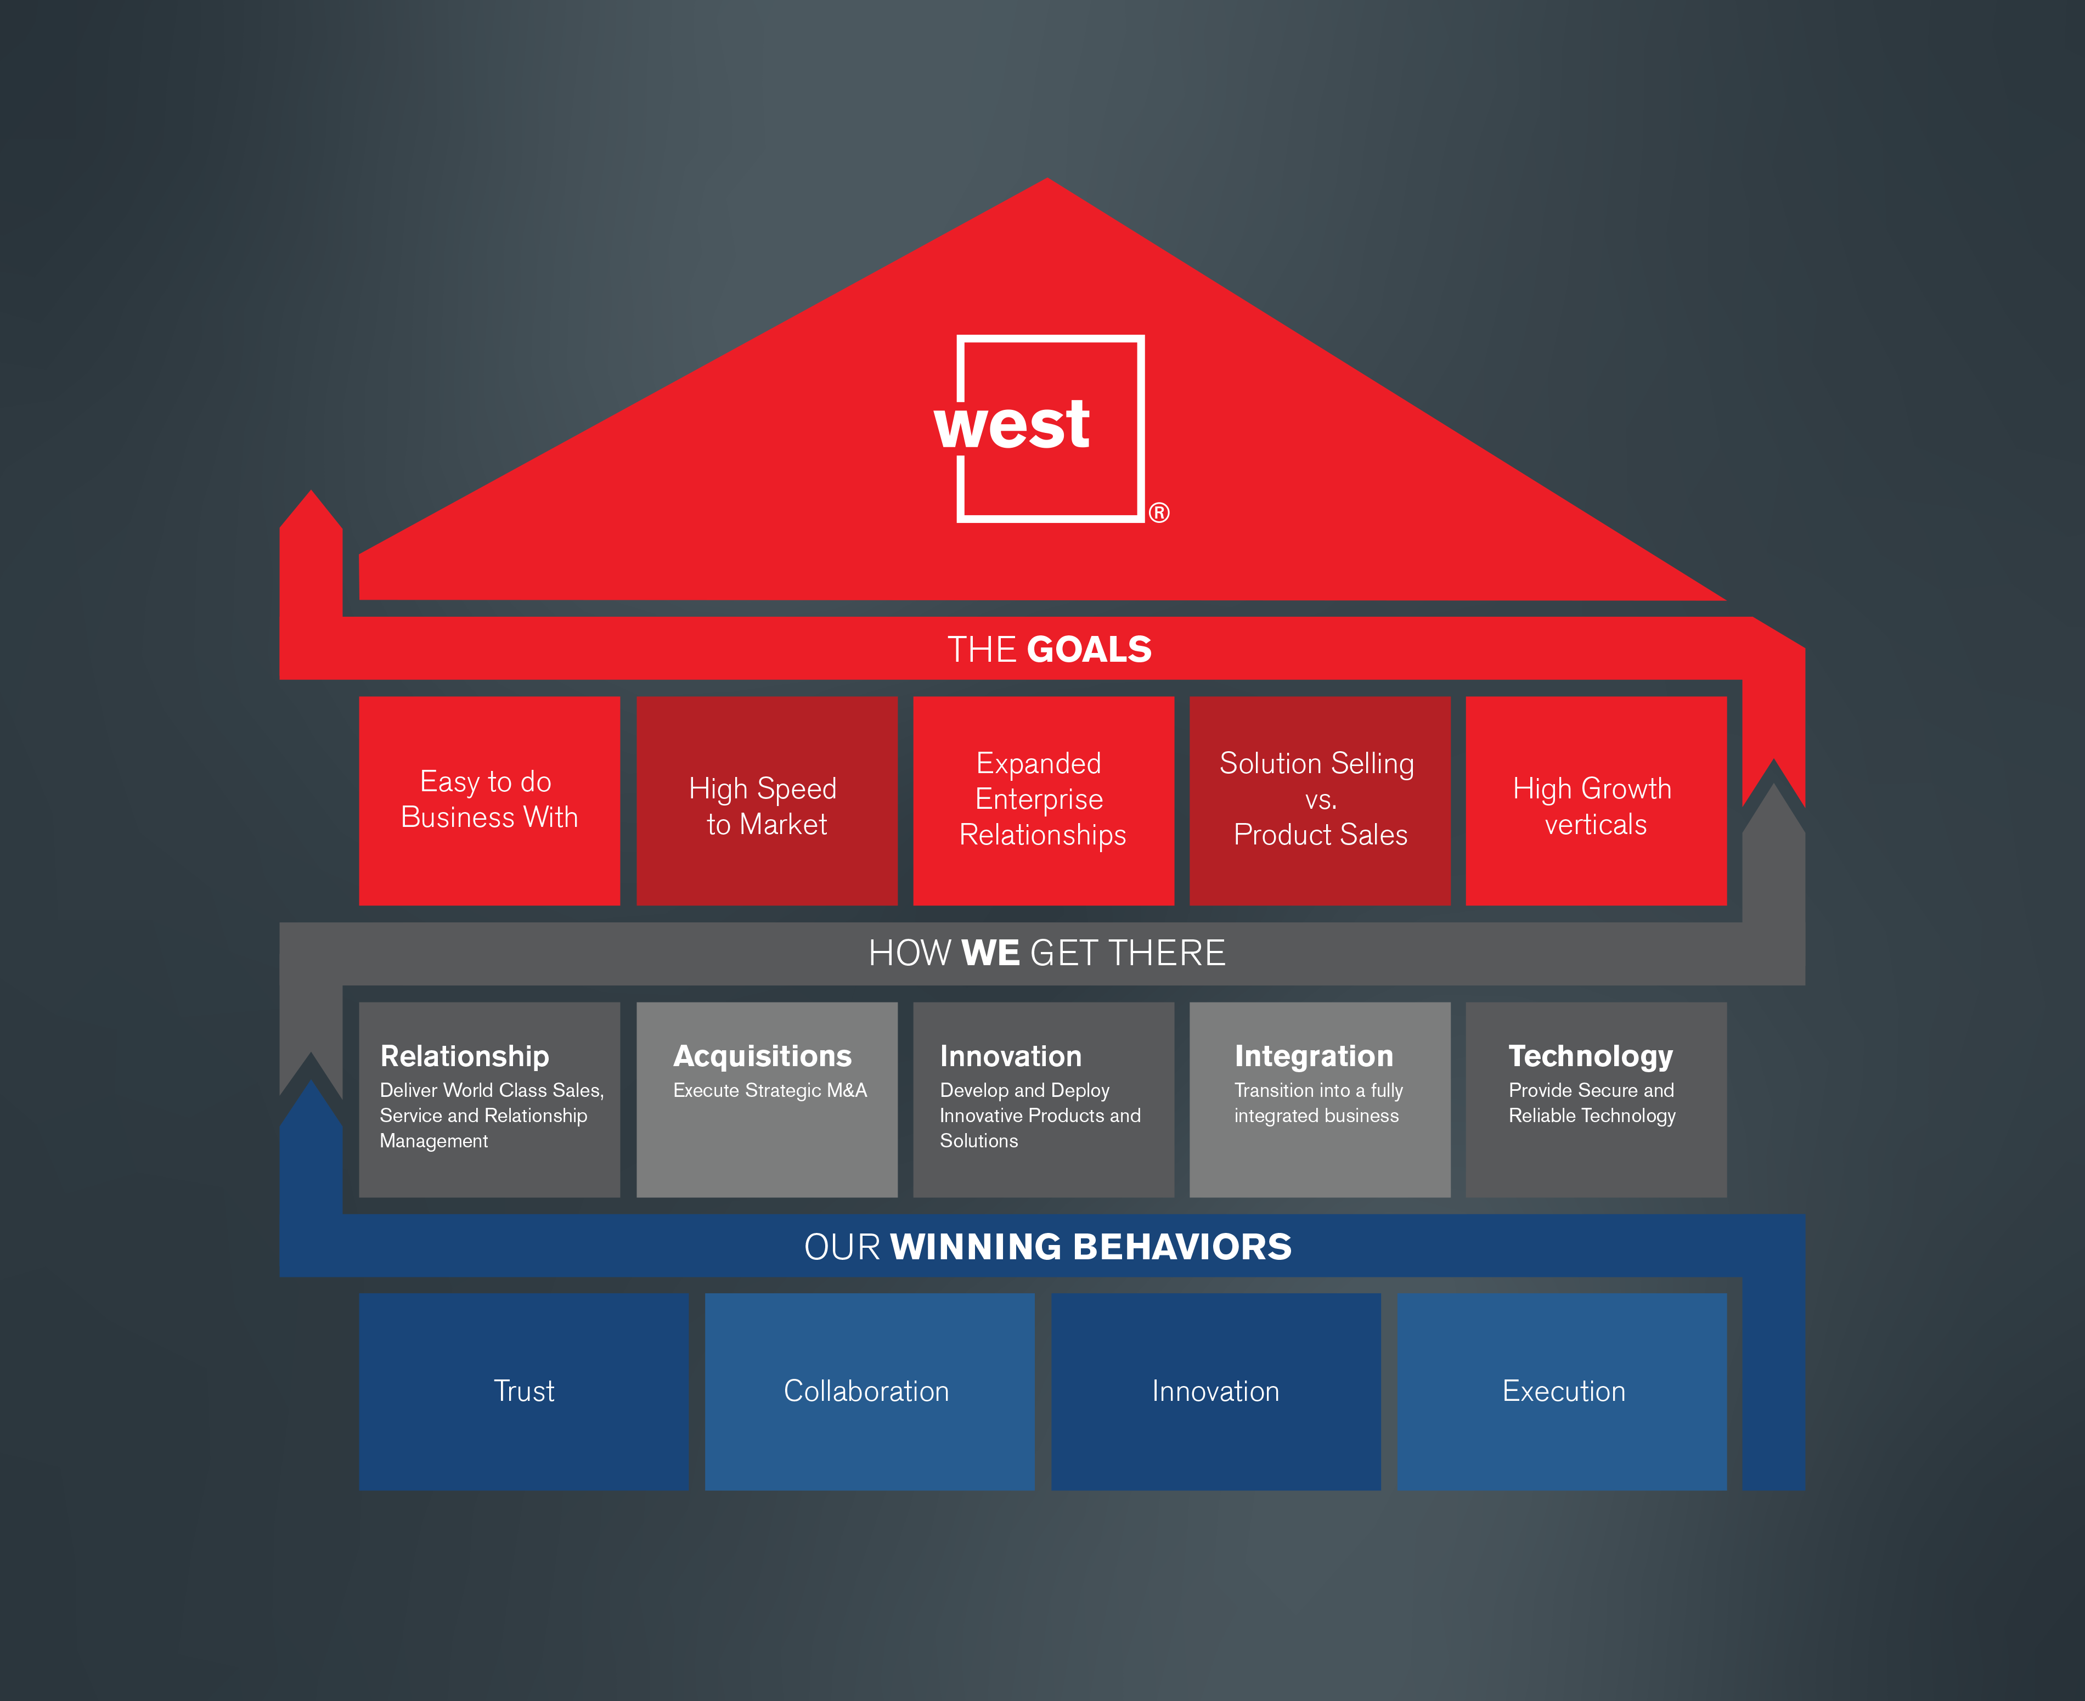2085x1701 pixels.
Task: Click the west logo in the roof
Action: tap(1049, 428)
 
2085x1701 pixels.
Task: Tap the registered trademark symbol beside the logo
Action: tap(1159, 512)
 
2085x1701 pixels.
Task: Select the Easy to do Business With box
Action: tap(489, 799)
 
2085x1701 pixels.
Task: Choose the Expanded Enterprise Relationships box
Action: tap(1042, 799)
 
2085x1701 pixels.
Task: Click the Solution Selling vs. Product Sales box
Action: tap(1319, 799)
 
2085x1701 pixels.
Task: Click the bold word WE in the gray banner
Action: tap(990, 953)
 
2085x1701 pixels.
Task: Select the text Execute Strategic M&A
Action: tap(770, 1091)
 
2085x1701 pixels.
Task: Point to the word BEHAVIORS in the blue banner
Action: tap(1182, 1246)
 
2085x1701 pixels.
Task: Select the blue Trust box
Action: tap(523, 1392)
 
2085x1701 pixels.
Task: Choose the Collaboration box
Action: tap(868, 1392)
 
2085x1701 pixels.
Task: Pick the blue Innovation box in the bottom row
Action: tap(1215, 1392)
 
